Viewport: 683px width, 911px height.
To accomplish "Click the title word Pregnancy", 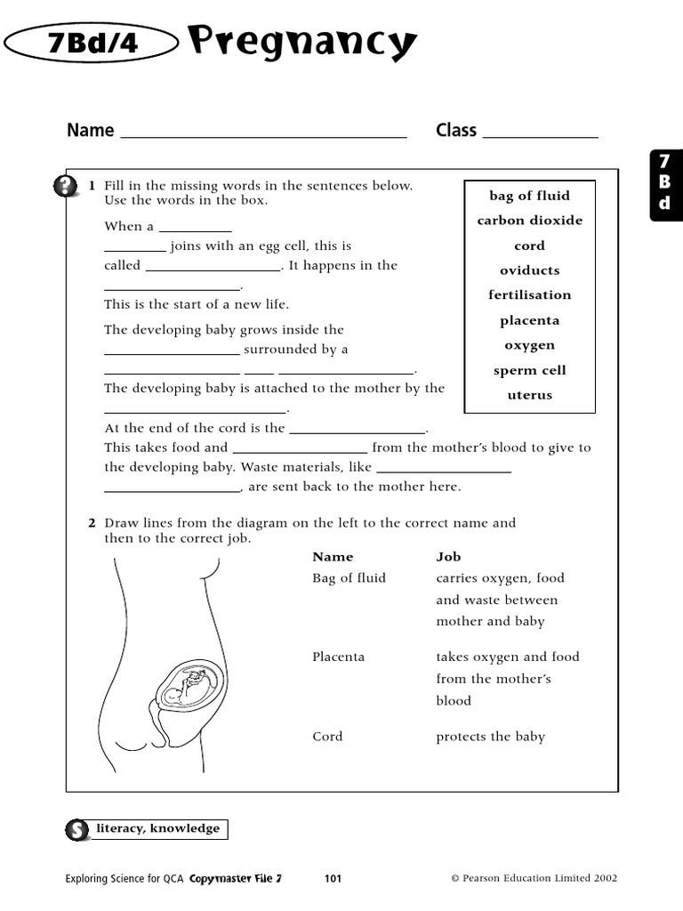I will point(302,41).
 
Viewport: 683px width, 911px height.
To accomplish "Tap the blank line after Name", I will point(262,133).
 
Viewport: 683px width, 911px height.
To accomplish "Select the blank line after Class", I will point(539,133).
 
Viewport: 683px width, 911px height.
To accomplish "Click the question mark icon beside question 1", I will point(65,187).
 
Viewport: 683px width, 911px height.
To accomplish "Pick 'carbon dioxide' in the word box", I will point(529,221).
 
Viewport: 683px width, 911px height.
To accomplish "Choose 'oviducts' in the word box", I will point(529,270).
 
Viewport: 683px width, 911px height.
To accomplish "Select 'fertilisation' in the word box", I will point(529,295).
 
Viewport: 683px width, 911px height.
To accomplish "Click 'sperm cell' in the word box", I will point(529,371).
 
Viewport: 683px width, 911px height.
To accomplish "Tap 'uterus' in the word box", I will point(529,396).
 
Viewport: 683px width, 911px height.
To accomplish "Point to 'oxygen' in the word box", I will point(529,345).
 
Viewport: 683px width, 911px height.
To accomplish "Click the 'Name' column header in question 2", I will point(333,557).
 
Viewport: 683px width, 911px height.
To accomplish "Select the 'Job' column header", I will point(448,557).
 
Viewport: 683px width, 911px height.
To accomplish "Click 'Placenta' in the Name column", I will point(338,657).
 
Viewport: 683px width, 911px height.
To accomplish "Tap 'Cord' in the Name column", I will point(327,737).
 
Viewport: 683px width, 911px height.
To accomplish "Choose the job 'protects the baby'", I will point(490,737).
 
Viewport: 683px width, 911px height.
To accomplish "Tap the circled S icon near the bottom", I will point(76,830).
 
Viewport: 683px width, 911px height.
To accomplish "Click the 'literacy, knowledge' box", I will point(164,829).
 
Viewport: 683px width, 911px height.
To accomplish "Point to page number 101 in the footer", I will point(333,879).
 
